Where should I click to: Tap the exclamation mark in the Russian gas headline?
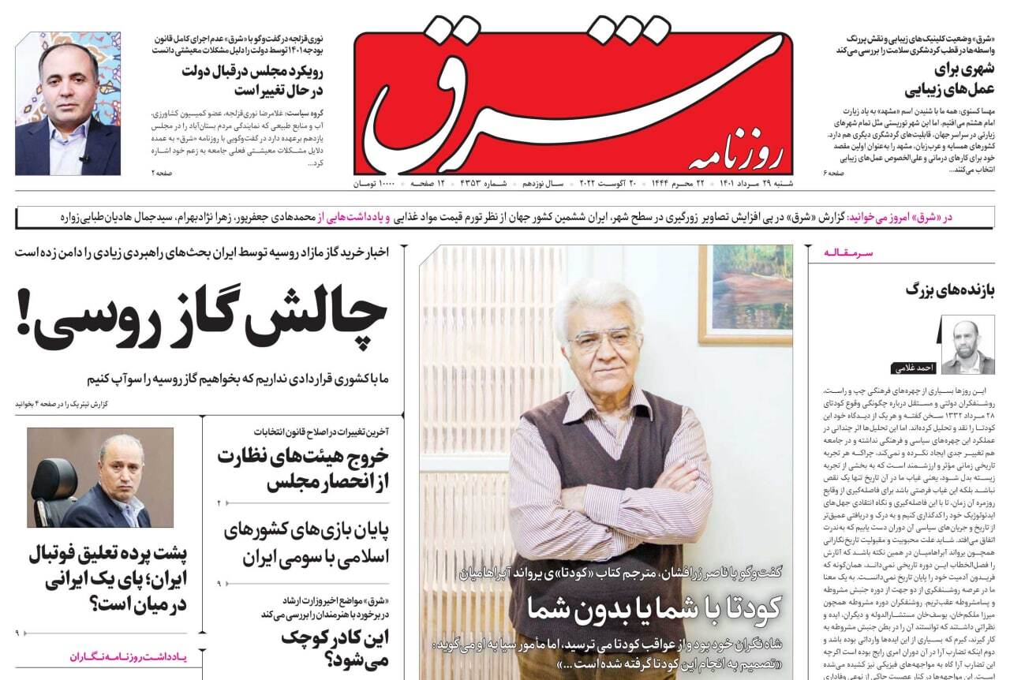[x=24, y=319]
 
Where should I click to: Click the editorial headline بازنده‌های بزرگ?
[x=950, y=290]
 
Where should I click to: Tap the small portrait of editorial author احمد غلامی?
[x=967, y=345]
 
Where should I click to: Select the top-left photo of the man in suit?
[x=68, y=103]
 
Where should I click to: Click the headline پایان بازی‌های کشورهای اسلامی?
[x=307, y=543]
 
